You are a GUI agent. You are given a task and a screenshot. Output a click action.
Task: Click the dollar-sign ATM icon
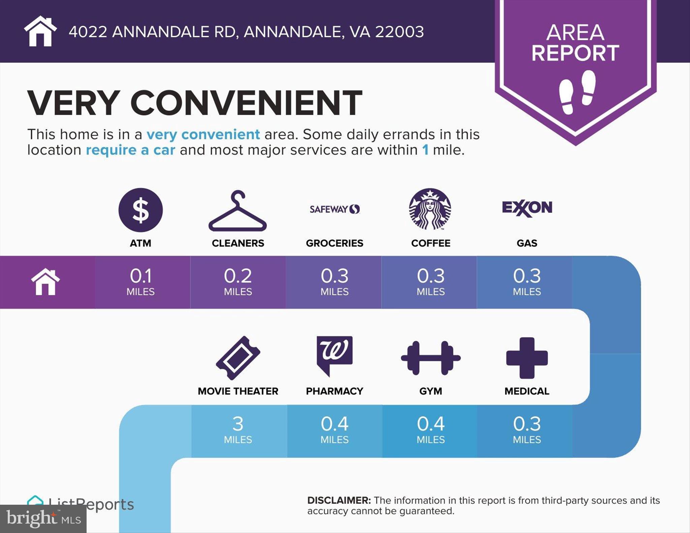[x=140, y=210]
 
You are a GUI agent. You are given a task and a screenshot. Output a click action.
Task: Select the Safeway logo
[x=335, y=209]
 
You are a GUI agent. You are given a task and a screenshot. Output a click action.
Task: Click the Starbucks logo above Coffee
[x=430, y=209]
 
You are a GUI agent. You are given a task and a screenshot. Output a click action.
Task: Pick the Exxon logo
[x=527, y=208]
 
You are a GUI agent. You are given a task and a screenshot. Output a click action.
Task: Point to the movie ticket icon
[x=238, y=358]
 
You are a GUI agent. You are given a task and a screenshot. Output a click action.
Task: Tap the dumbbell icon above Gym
[x=431, y=358]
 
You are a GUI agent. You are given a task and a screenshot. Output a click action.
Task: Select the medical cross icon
[x=527, y=358]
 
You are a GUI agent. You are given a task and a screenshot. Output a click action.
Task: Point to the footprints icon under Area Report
[x=577, y=92]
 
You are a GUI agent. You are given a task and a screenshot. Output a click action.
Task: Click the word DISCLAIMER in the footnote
[x=339, y=500]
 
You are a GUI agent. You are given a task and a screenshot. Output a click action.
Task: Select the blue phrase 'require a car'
[x=130, y=150]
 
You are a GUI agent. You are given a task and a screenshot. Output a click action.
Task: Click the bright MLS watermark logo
[x=43, y=519]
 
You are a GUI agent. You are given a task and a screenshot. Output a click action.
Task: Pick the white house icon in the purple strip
[x=45, y=282]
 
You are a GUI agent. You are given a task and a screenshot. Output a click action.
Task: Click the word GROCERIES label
[x=334, y=243]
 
